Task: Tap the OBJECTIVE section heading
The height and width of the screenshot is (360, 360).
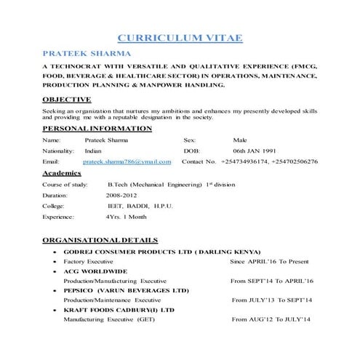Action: click(66, 100)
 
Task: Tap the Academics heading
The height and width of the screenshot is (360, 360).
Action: click(65, 174)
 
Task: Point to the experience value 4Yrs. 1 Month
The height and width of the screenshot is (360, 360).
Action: click(126, 217)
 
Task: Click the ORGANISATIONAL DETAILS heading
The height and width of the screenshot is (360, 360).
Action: click(100, 239)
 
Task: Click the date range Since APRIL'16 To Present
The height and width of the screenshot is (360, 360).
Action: click(269, 260)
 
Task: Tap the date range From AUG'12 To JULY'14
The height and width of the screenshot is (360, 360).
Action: click(271, 319)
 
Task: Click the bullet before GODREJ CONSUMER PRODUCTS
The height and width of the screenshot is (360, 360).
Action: click(55, 250)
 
